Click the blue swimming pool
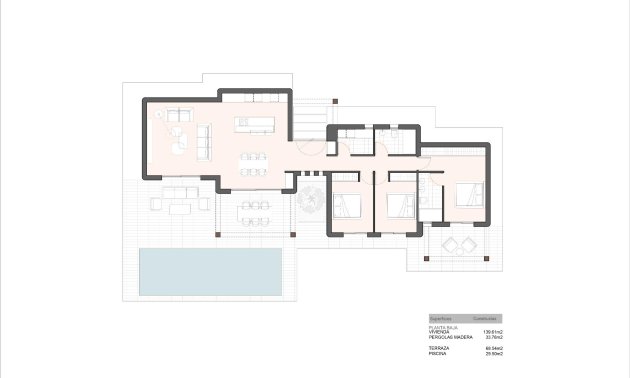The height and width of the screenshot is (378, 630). click(210, 271)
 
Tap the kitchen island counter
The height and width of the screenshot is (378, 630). click(254, 125)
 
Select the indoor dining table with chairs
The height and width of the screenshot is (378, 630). click(254, 163)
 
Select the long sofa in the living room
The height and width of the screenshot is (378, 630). click(204, 139)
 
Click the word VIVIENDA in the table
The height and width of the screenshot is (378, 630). click(439, 331)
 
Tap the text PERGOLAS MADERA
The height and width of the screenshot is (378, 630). click(448, 337)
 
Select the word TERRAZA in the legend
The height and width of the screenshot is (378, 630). click(439, 347)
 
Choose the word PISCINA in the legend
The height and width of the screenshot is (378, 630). click(438, 353)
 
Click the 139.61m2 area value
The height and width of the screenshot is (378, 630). click(492, 331)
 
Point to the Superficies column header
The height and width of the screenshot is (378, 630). click(441, 316)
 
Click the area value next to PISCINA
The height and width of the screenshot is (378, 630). click(493, 353)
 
